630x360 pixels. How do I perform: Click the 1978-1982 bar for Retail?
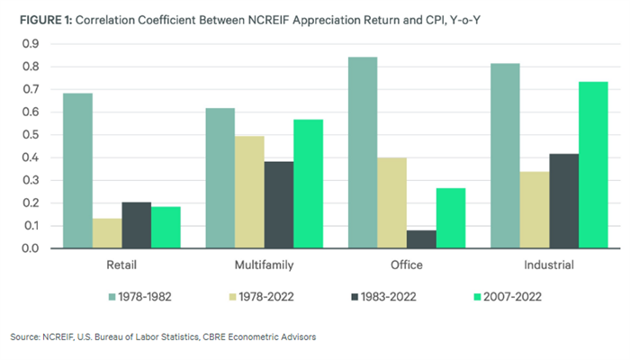tap(78, 171)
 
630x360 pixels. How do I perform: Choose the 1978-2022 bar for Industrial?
tap(535, 210)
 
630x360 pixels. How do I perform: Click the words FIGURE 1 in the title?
tap(41, 16)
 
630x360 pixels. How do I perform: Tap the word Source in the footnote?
tap(24, 337)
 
